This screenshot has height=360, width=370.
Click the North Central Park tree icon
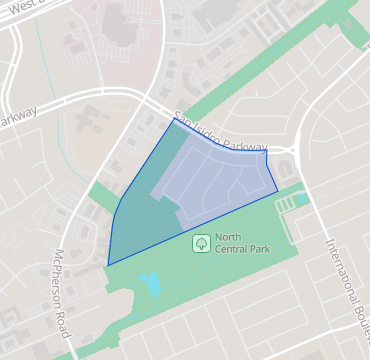200,242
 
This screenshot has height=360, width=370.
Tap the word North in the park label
226,237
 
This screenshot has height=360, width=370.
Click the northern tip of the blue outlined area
173,121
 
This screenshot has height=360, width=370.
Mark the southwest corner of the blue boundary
108,265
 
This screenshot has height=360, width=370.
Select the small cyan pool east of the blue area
303,199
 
